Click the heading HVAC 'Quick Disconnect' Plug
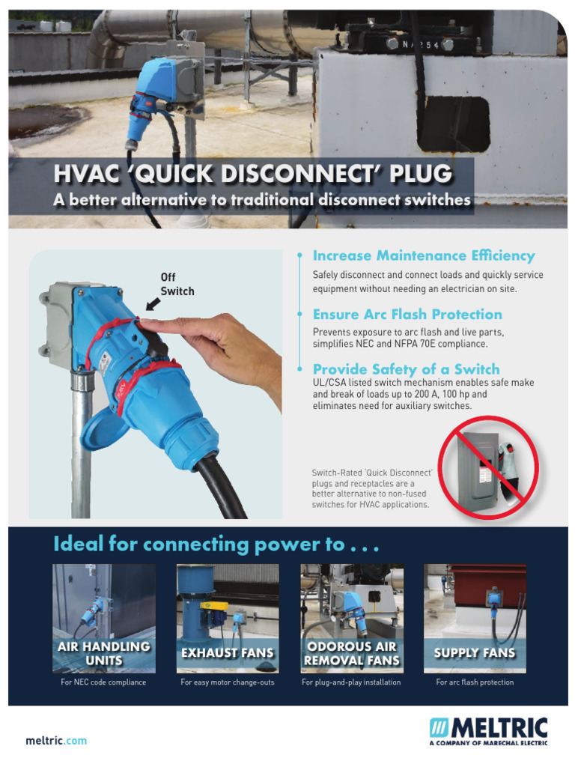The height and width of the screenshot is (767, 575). point(252,175)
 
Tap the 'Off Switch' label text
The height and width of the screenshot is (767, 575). point(177,284)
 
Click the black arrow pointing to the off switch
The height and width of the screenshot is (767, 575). point(153,303)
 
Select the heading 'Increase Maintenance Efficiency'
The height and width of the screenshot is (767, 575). point(423,255)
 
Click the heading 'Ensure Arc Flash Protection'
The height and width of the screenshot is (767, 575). point(407,314)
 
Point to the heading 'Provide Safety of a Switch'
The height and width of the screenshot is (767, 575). point(406,369)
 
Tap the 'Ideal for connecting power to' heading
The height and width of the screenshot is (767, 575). point(216,544)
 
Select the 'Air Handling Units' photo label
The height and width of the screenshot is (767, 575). point(104,653)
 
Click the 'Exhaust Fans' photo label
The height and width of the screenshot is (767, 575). point(228,653)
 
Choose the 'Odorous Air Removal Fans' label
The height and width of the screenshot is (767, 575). point(352,653)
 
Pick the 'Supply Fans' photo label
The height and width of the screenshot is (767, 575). point(475,653)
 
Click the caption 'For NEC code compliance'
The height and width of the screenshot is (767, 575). point(103,682)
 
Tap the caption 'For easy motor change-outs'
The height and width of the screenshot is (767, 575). point(228,682)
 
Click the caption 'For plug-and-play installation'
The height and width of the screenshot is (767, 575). point(351,682)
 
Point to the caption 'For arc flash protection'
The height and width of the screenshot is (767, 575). point(475,682)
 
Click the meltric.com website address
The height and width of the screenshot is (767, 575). point(56,741)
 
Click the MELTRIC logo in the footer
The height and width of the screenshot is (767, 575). point(487,730)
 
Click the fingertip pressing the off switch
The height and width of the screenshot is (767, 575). point(146,325)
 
